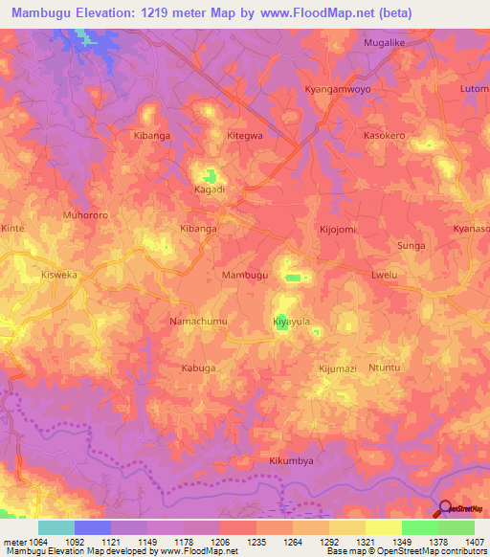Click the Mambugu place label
point(245,275)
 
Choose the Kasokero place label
point(385,136)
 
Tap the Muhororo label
point(83,214)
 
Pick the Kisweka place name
point(59,274)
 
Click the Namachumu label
point(198,323)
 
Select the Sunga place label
point(412,246)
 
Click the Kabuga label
point(198,368)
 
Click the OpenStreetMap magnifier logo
point(444,507)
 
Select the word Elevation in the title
point(103,13)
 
